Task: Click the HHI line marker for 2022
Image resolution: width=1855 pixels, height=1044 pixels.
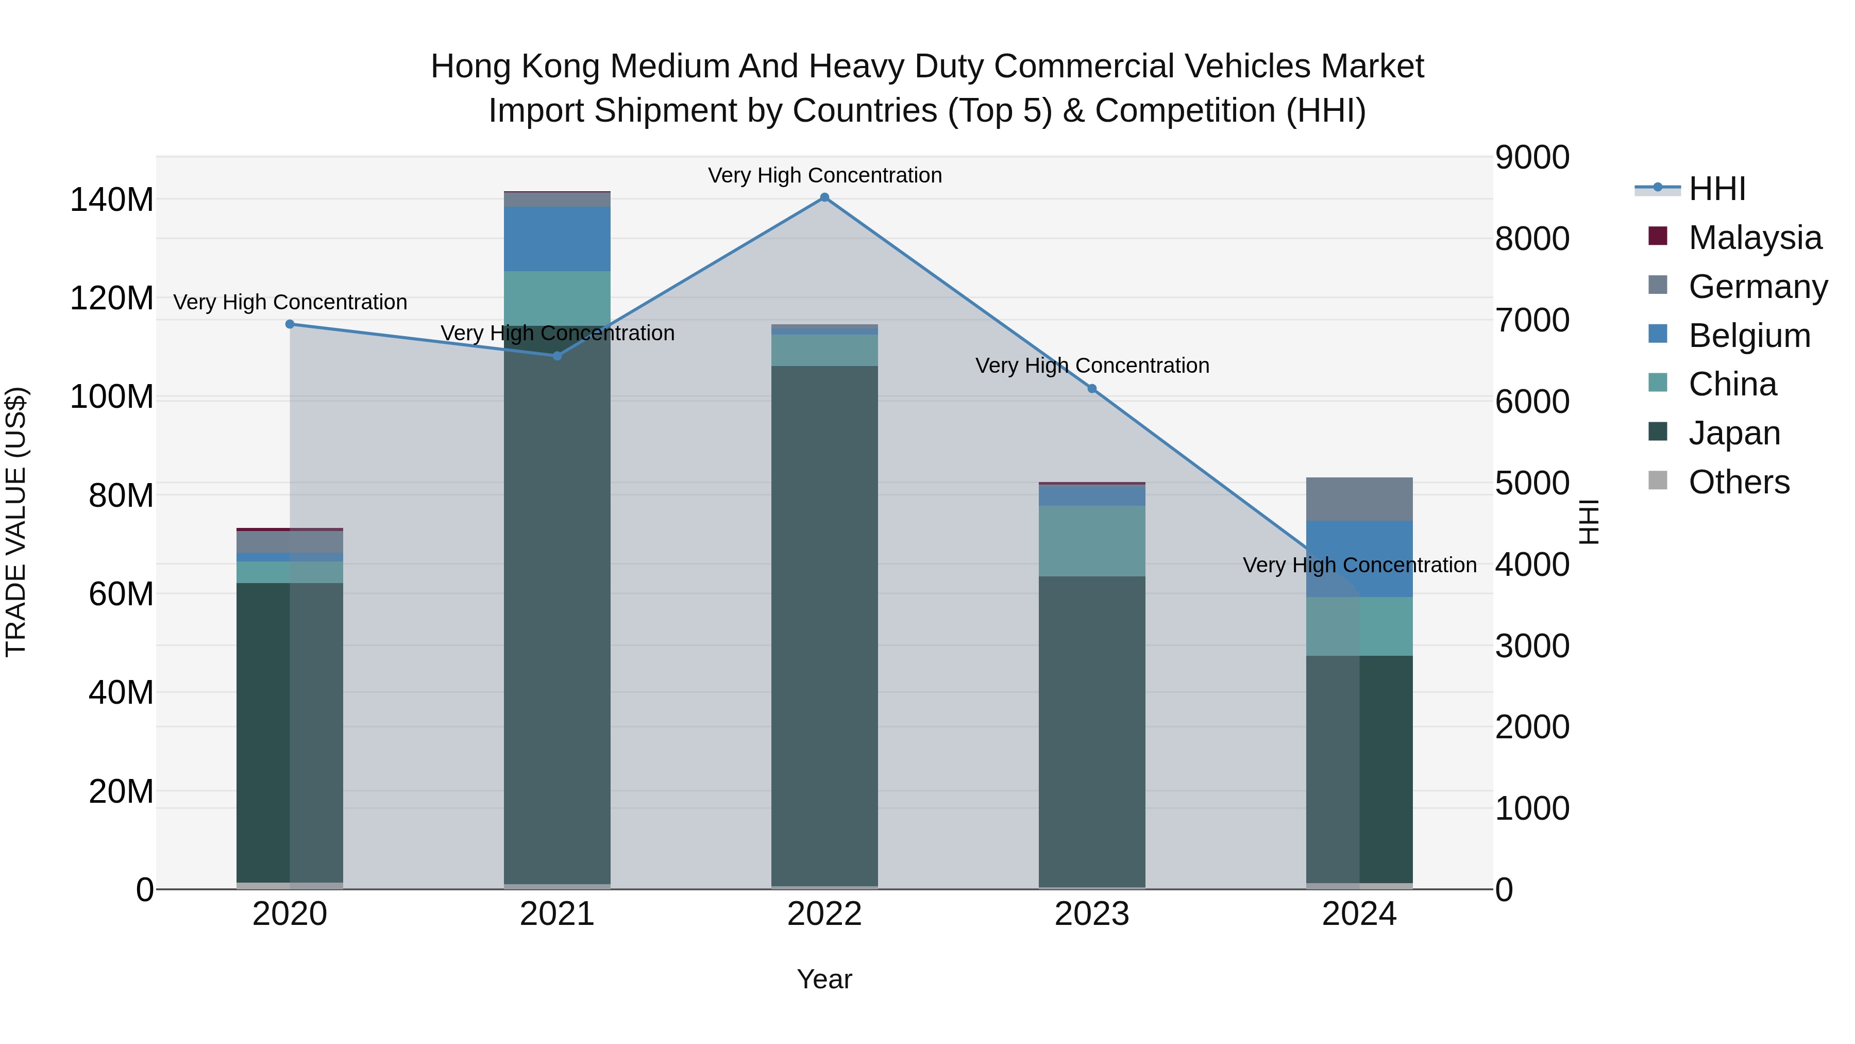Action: point(824,197)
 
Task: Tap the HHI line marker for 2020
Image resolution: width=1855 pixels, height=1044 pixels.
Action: point(290,324)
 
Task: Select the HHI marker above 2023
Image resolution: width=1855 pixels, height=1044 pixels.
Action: point(1092,389)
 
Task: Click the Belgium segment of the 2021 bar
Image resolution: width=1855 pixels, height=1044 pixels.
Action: point(556,239)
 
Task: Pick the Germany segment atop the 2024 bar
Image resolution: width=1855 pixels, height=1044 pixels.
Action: point(1359,499)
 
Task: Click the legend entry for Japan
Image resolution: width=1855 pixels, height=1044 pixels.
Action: point(1734,433)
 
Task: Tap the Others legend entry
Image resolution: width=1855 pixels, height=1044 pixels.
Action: point(1739,482)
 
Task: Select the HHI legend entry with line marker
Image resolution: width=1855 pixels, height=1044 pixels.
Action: point(1717,189)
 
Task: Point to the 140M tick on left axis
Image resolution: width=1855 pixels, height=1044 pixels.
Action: point(112,200)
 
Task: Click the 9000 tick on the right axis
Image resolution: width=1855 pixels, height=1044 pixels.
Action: point(1532,157)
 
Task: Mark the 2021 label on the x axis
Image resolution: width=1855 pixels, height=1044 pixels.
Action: point(556,914)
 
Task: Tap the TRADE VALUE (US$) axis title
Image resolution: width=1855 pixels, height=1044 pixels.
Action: point(16,522)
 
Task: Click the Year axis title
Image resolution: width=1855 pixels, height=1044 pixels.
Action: point(824,979)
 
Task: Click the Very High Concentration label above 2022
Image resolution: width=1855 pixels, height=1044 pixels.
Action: point(824,175)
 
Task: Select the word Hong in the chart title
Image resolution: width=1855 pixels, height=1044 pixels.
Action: point(471,67)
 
